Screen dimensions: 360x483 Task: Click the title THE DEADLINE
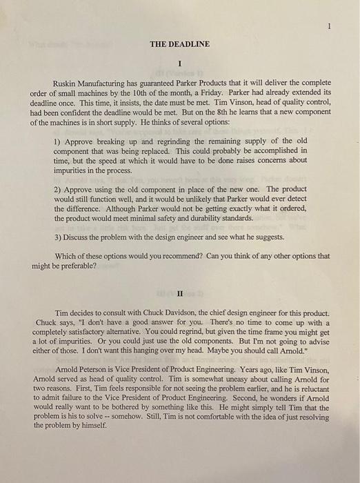(x=179, y=45)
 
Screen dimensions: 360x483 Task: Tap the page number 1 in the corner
(x=330, y=26)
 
